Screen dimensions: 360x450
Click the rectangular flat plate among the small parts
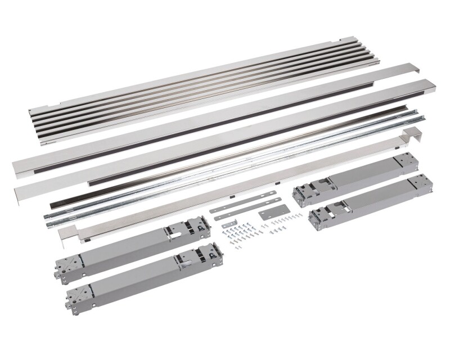pyautogui.click(x=269, y=215)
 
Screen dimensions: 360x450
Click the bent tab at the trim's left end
pyautogui.click(x=66, y=232)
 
